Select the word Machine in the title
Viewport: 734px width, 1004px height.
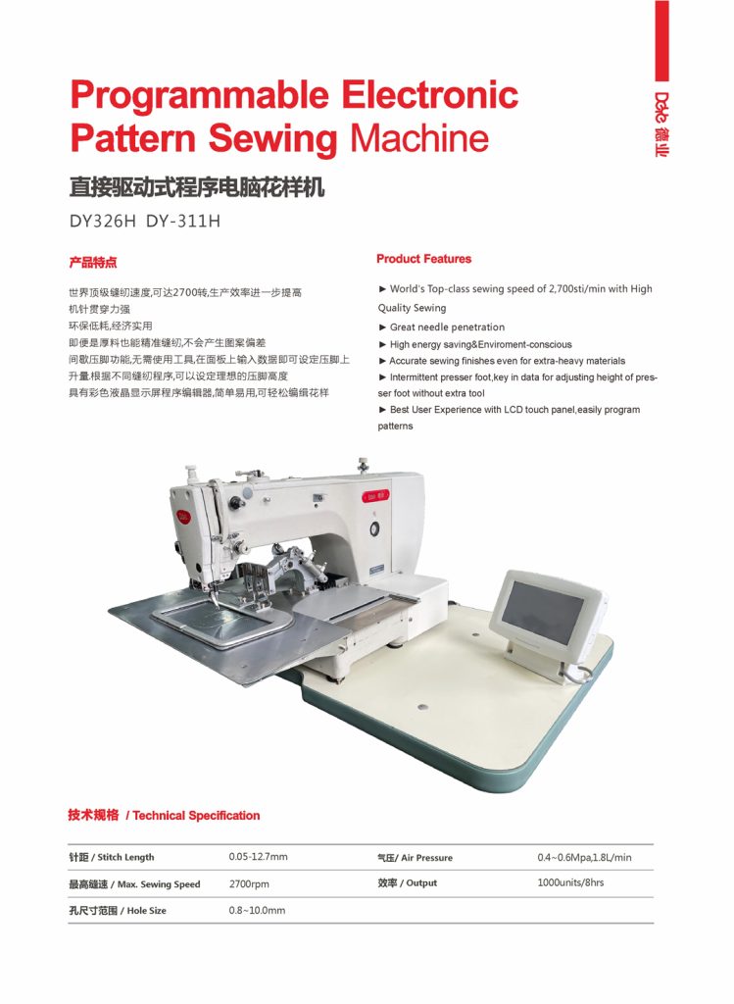pyautogui.click(x=418, y=139)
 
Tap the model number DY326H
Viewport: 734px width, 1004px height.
pyautogui.click(x=102, y=221)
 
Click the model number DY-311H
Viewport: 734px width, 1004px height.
pyautogui.click(x=183, y=221)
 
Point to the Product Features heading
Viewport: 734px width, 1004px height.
pyautogui.click(x=423, y=259)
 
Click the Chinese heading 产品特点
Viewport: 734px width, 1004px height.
pyautogui.click(x=93, y=263)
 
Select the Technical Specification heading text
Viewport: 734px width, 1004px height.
pyautogui.click(x=196, y=816)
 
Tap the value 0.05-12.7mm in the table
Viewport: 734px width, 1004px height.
pyautogui.click(x=258, y=857)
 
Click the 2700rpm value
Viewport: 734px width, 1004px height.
pyautogui.click(x=249, y=883)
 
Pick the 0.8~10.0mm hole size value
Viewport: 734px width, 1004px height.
pyautogui.click(x=257, y=910)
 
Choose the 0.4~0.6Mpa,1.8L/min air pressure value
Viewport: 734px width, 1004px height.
pyautogui.click(x=584, y=857)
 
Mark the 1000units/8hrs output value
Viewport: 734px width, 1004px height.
pyautogui.click(x=570, y=882)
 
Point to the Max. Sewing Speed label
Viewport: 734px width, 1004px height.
pyautogui.click(x=134, y=884)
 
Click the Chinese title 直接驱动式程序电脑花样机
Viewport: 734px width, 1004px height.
pyautogui.click(x=196, y=186)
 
